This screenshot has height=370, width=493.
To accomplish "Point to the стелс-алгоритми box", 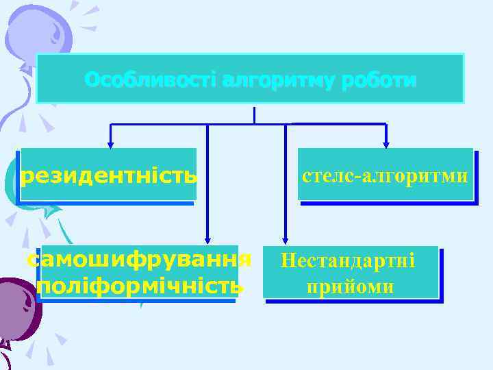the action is pyautogui.click(x=385, y=175).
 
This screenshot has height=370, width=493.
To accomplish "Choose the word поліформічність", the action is pyautogui.click(x=139, y=285).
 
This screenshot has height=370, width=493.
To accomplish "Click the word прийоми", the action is pyautogui.click(x=350, y=286).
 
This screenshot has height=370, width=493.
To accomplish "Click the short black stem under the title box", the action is pyautogui.click(x=255, y=114).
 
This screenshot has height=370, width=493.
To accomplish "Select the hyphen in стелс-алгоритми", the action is pyautogui.click(x=358, y=177).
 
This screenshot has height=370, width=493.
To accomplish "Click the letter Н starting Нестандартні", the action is pyautogui.click(x=287, y=260).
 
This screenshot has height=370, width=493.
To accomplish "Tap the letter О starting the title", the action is pyautogui.click(x=92, y=81).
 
